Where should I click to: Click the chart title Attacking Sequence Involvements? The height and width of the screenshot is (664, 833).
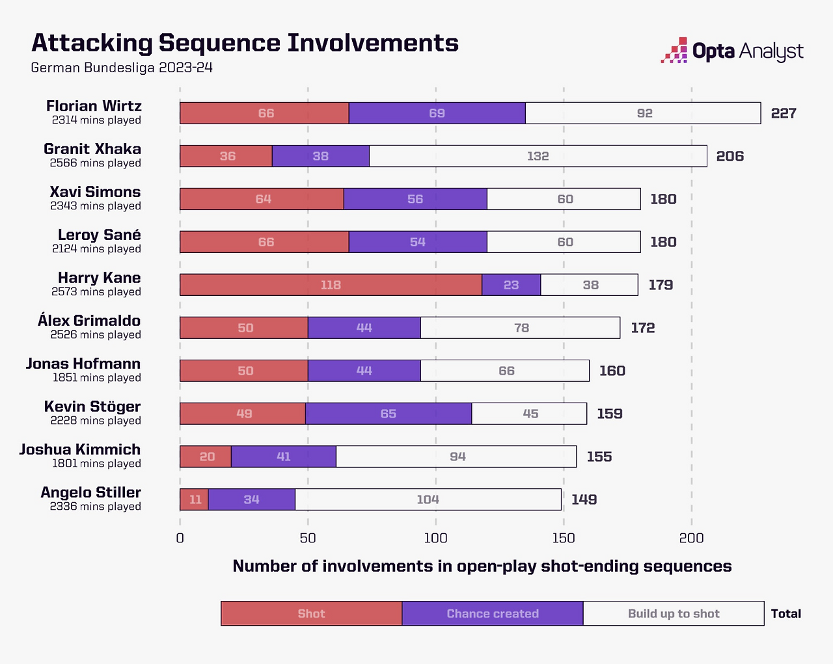tap(245, 43)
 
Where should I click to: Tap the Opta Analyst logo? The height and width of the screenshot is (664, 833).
tap(732, 51)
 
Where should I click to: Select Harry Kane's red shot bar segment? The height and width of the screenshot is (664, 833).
tap(331, 285)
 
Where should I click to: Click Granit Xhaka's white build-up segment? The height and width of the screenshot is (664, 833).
tap(538, 156)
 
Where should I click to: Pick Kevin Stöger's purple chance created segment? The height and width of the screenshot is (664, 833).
tap(389, 414)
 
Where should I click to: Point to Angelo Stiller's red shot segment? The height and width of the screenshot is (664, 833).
tap(195, 499)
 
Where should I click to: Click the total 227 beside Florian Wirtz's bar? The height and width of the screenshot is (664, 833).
tap(784, 113)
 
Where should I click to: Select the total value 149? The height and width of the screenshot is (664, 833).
tap(584, 499)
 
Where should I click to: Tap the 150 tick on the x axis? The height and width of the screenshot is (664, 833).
tap(564, 538)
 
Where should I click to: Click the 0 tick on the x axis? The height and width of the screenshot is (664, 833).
tap(180, 538)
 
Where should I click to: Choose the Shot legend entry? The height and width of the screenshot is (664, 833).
tap(311, 613)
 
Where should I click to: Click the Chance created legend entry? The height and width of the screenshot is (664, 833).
tap(493, 613)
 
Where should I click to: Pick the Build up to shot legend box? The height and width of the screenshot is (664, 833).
tap(674, 613)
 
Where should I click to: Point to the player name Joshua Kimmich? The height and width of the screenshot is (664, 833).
tap(80, 449)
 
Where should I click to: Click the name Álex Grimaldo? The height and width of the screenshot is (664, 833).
tap(89, 321)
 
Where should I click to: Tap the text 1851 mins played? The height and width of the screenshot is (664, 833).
tap(97, 378)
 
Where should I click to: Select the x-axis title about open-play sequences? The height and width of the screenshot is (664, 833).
tap(482, 566)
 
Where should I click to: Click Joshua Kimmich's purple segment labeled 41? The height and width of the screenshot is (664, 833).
tap(284, 457)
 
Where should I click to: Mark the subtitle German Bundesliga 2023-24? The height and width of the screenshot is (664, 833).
tap(122, 68)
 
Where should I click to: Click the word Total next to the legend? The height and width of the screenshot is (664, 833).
tap(785, 613)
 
